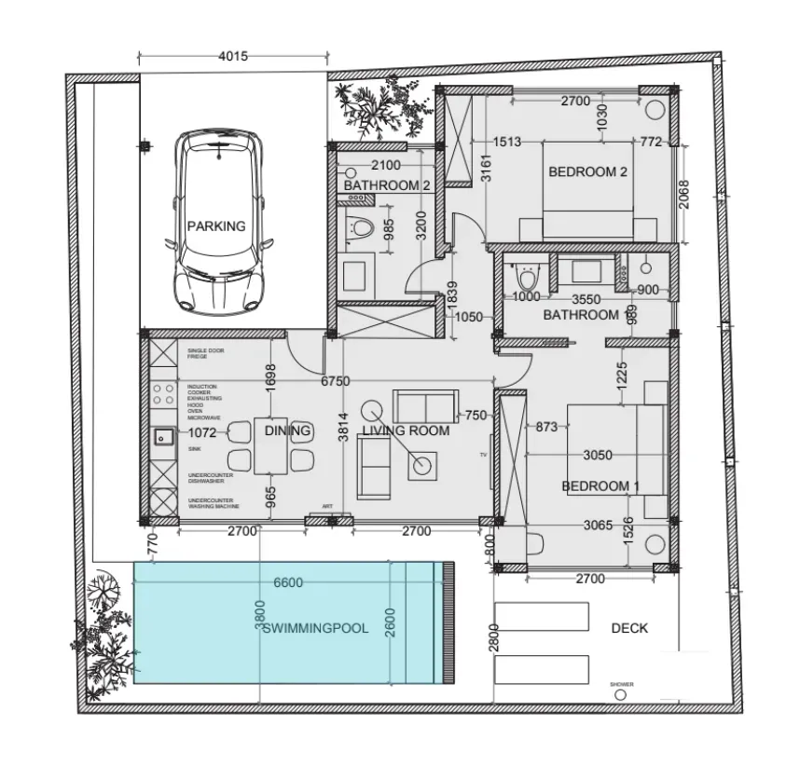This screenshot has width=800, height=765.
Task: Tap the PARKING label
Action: coord(216,225)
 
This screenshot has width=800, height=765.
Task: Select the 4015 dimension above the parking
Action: coord(232,56)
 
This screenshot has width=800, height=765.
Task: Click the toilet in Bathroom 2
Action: coord(359,227)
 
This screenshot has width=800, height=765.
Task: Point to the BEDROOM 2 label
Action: coord(587,171)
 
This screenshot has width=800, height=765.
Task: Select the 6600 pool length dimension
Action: coord(288,582)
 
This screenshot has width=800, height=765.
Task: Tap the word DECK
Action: coord(628,628)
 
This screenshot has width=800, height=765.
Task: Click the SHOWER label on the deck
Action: coord(622,685)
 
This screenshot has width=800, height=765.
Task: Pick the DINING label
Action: coord(287,430)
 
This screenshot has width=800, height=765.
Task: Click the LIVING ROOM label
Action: coord(406,430)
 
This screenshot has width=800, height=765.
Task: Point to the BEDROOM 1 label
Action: coord(600,485)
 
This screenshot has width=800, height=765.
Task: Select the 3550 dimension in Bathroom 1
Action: coord(586,299)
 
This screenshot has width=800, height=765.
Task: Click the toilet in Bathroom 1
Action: coord(528,278)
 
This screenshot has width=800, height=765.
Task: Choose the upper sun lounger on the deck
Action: coord(542,616)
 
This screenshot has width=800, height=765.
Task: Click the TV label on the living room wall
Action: coord(483,454)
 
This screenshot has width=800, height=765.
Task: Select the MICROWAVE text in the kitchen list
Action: coord(203,417)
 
